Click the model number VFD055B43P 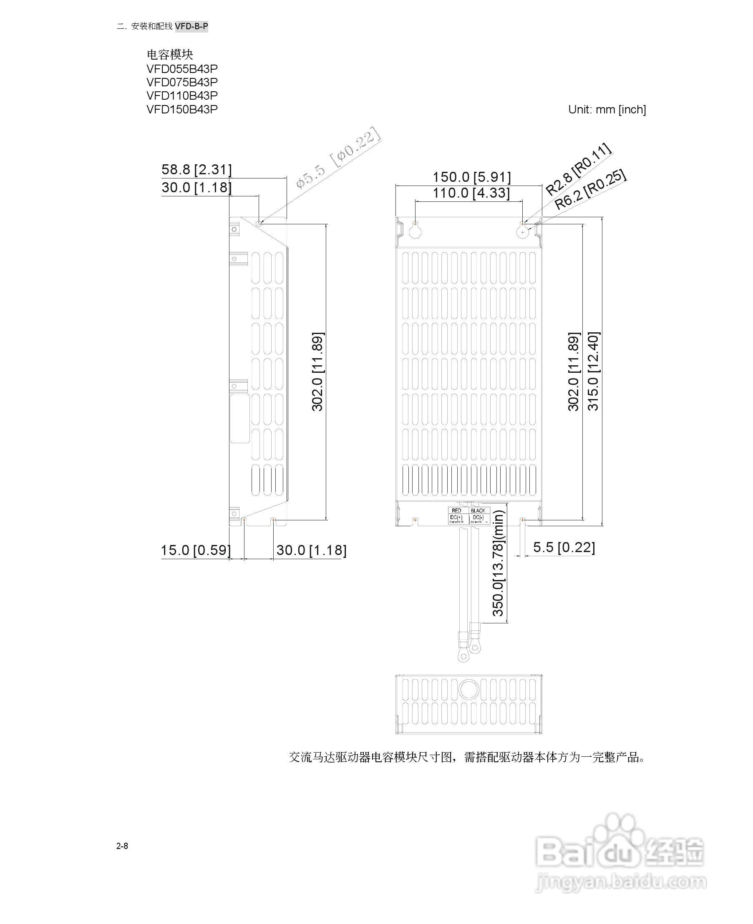pos(182,69)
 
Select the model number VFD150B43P pos(182,109)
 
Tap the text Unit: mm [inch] pos(607,110)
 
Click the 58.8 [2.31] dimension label pos(196,169)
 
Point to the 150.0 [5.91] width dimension pos(471,177)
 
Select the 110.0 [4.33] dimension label pos(471,193)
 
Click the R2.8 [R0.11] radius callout pos(578,169)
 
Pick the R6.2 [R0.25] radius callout pos(591,189)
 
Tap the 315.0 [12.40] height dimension pos(593,371)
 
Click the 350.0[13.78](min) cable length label pos(499,563)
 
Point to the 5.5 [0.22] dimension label pos(564,547)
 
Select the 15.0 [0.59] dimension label pos(196,550)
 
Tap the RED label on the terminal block pos(456,511)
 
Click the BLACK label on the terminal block pos(478,511)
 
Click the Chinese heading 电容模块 pos(170,55)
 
